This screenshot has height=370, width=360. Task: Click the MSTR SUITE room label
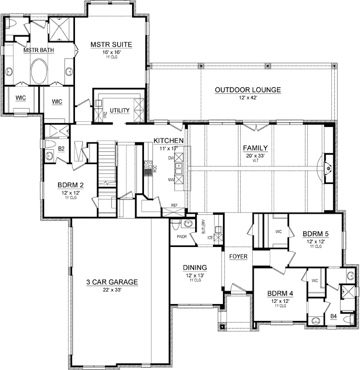coord(111,45)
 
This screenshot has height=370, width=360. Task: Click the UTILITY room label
coord(120,110)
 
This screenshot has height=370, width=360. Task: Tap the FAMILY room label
coord(255,148)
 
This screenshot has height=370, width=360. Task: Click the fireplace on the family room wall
coord(328,168)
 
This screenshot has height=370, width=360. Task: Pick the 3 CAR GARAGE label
coord(112,282)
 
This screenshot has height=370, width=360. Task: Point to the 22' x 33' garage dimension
coord(112,290)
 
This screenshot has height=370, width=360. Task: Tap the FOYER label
coord(238,256)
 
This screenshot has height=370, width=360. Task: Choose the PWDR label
coord(181,237)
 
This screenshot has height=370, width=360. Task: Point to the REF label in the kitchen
coord(174,204)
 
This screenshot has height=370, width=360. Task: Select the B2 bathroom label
coord(62,148)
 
